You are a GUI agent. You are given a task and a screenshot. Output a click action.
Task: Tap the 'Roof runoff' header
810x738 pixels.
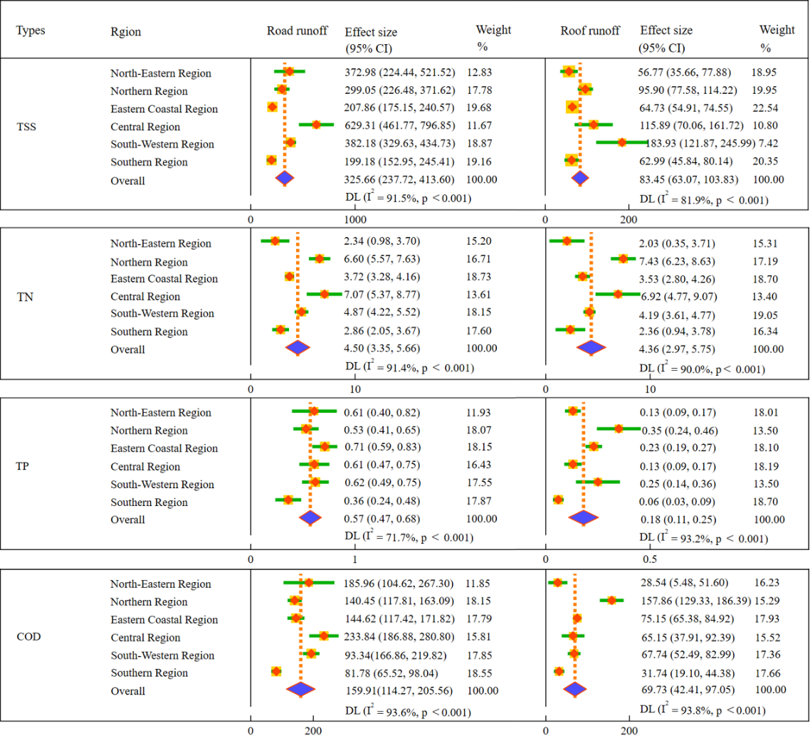pos(590,31)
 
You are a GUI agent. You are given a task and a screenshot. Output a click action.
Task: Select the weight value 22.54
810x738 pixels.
pos(765,108)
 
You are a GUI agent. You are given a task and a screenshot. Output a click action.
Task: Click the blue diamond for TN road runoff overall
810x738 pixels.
pos(298,347)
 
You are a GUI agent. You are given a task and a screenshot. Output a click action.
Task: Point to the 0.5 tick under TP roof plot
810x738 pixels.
pos(649,559)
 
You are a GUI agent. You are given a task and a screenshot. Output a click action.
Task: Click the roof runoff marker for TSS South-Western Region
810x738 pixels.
pos(621,142)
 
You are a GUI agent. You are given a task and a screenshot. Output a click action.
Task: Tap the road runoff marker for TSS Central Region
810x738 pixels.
pos(316,125)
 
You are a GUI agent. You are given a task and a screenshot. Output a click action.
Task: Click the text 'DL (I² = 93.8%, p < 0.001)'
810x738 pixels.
pos(703,709)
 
